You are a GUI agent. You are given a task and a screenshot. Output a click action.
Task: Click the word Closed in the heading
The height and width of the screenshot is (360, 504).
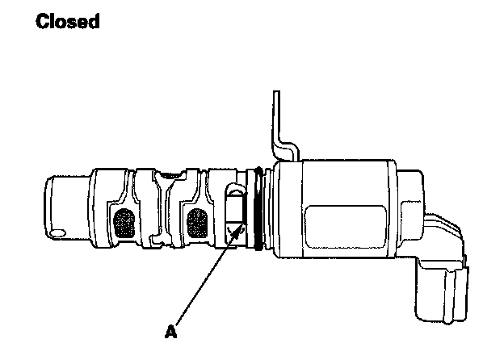(x=68, y=22)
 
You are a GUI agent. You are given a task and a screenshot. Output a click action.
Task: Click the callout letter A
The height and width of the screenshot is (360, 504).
(x=170, y=331)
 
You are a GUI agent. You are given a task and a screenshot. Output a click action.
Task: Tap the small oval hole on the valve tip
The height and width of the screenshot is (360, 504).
(x=57, y=233)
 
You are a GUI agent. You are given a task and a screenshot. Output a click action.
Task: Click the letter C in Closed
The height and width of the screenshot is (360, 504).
(x=43, y=22)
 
